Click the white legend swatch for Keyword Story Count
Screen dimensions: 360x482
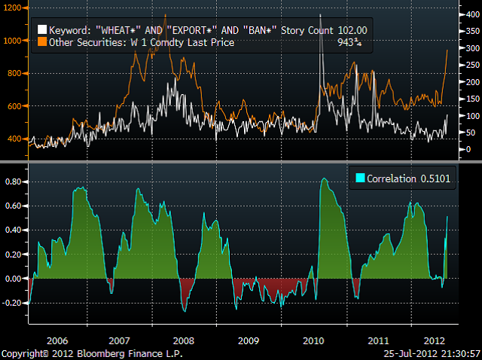(x=41, y=30)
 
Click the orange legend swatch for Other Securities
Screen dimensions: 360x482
(x=41, y=43)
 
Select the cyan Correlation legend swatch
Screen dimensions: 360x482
(x=361, y=178)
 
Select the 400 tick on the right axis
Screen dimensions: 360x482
(x=472, y=14)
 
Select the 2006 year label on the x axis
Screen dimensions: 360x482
(x=56, y=340)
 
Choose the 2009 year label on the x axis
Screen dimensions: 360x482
(x=249, y=340)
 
